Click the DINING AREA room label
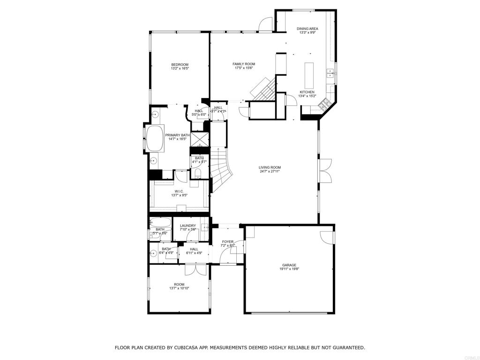coord(307,29)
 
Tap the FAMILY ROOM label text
coord(243,64)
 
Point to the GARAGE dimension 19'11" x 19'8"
coord(289,269)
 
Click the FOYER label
coord(228,242)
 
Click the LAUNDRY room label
coord(187,225)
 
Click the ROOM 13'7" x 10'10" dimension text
coord(179,289)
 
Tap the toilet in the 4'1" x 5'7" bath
coord(198,174)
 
